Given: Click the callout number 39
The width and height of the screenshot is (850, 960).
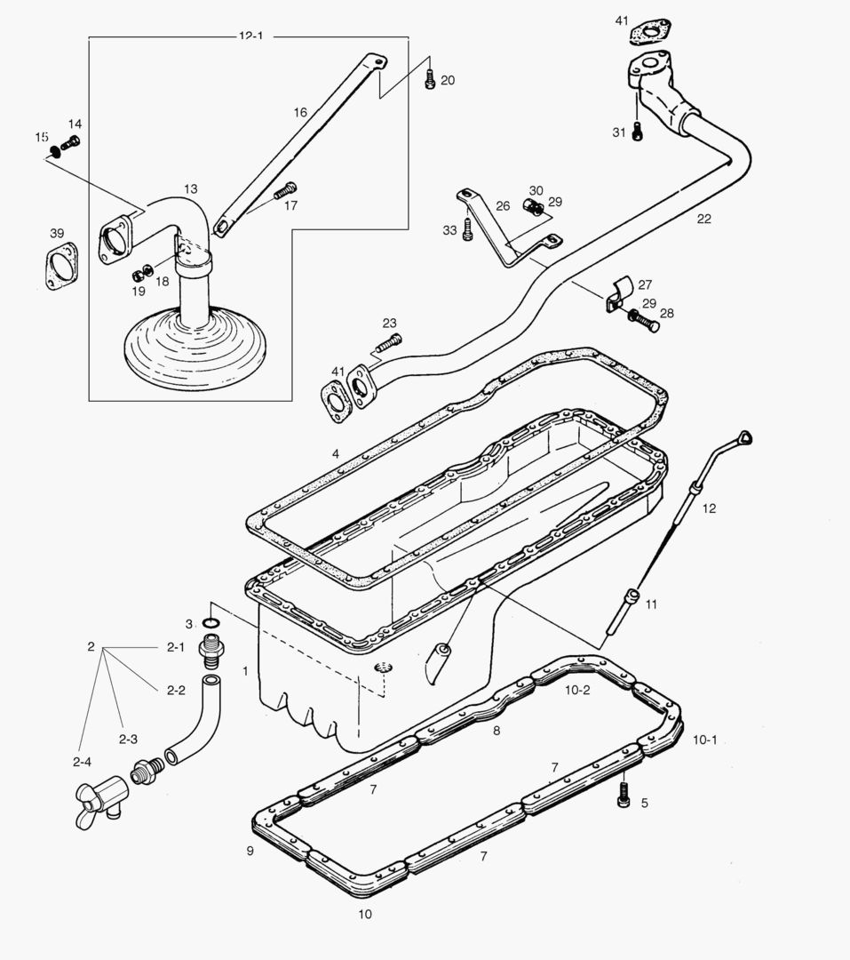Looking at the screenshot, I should (x=57, y=233).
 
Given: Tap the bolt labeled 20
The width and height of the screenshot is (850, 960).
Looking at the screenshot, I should (x=430, y=78).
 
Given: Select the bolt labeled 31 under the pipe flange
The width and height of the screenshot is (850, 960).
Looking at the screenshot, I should (x=639, y=132).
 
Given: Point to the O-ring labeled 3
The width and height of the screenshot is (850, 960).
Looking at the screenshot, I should (x=211, y=622).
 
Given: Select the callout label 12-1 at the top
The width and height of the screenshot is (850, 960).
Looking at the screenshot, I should (x=250, y=36).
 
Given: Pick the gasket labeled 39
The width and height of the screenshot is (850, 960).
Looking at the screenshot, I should (x=62, y=268).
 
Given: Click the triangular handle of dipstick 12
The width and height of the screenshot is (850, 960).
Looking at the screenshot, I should (x=743, y=437).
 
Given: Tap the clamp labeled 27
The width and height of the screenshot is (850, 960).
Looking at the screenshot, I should (x=619, y=294).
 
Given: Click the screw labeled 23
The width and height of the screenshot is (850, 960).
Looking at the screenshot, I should (x=388, y=342).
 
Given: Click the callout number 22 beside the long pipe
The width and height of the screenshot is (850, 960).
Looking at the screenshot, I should (x=703, y=219).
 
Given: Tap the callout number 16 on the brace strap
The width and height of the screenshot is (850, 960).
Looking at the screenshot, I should (x=300, y=113).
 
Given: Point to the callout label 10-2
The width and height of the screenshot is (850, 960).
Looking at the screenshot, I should (x=577, y=689).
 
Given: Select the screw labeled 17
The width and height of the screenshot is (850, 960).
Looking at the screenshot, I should (x=284, y=190).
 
